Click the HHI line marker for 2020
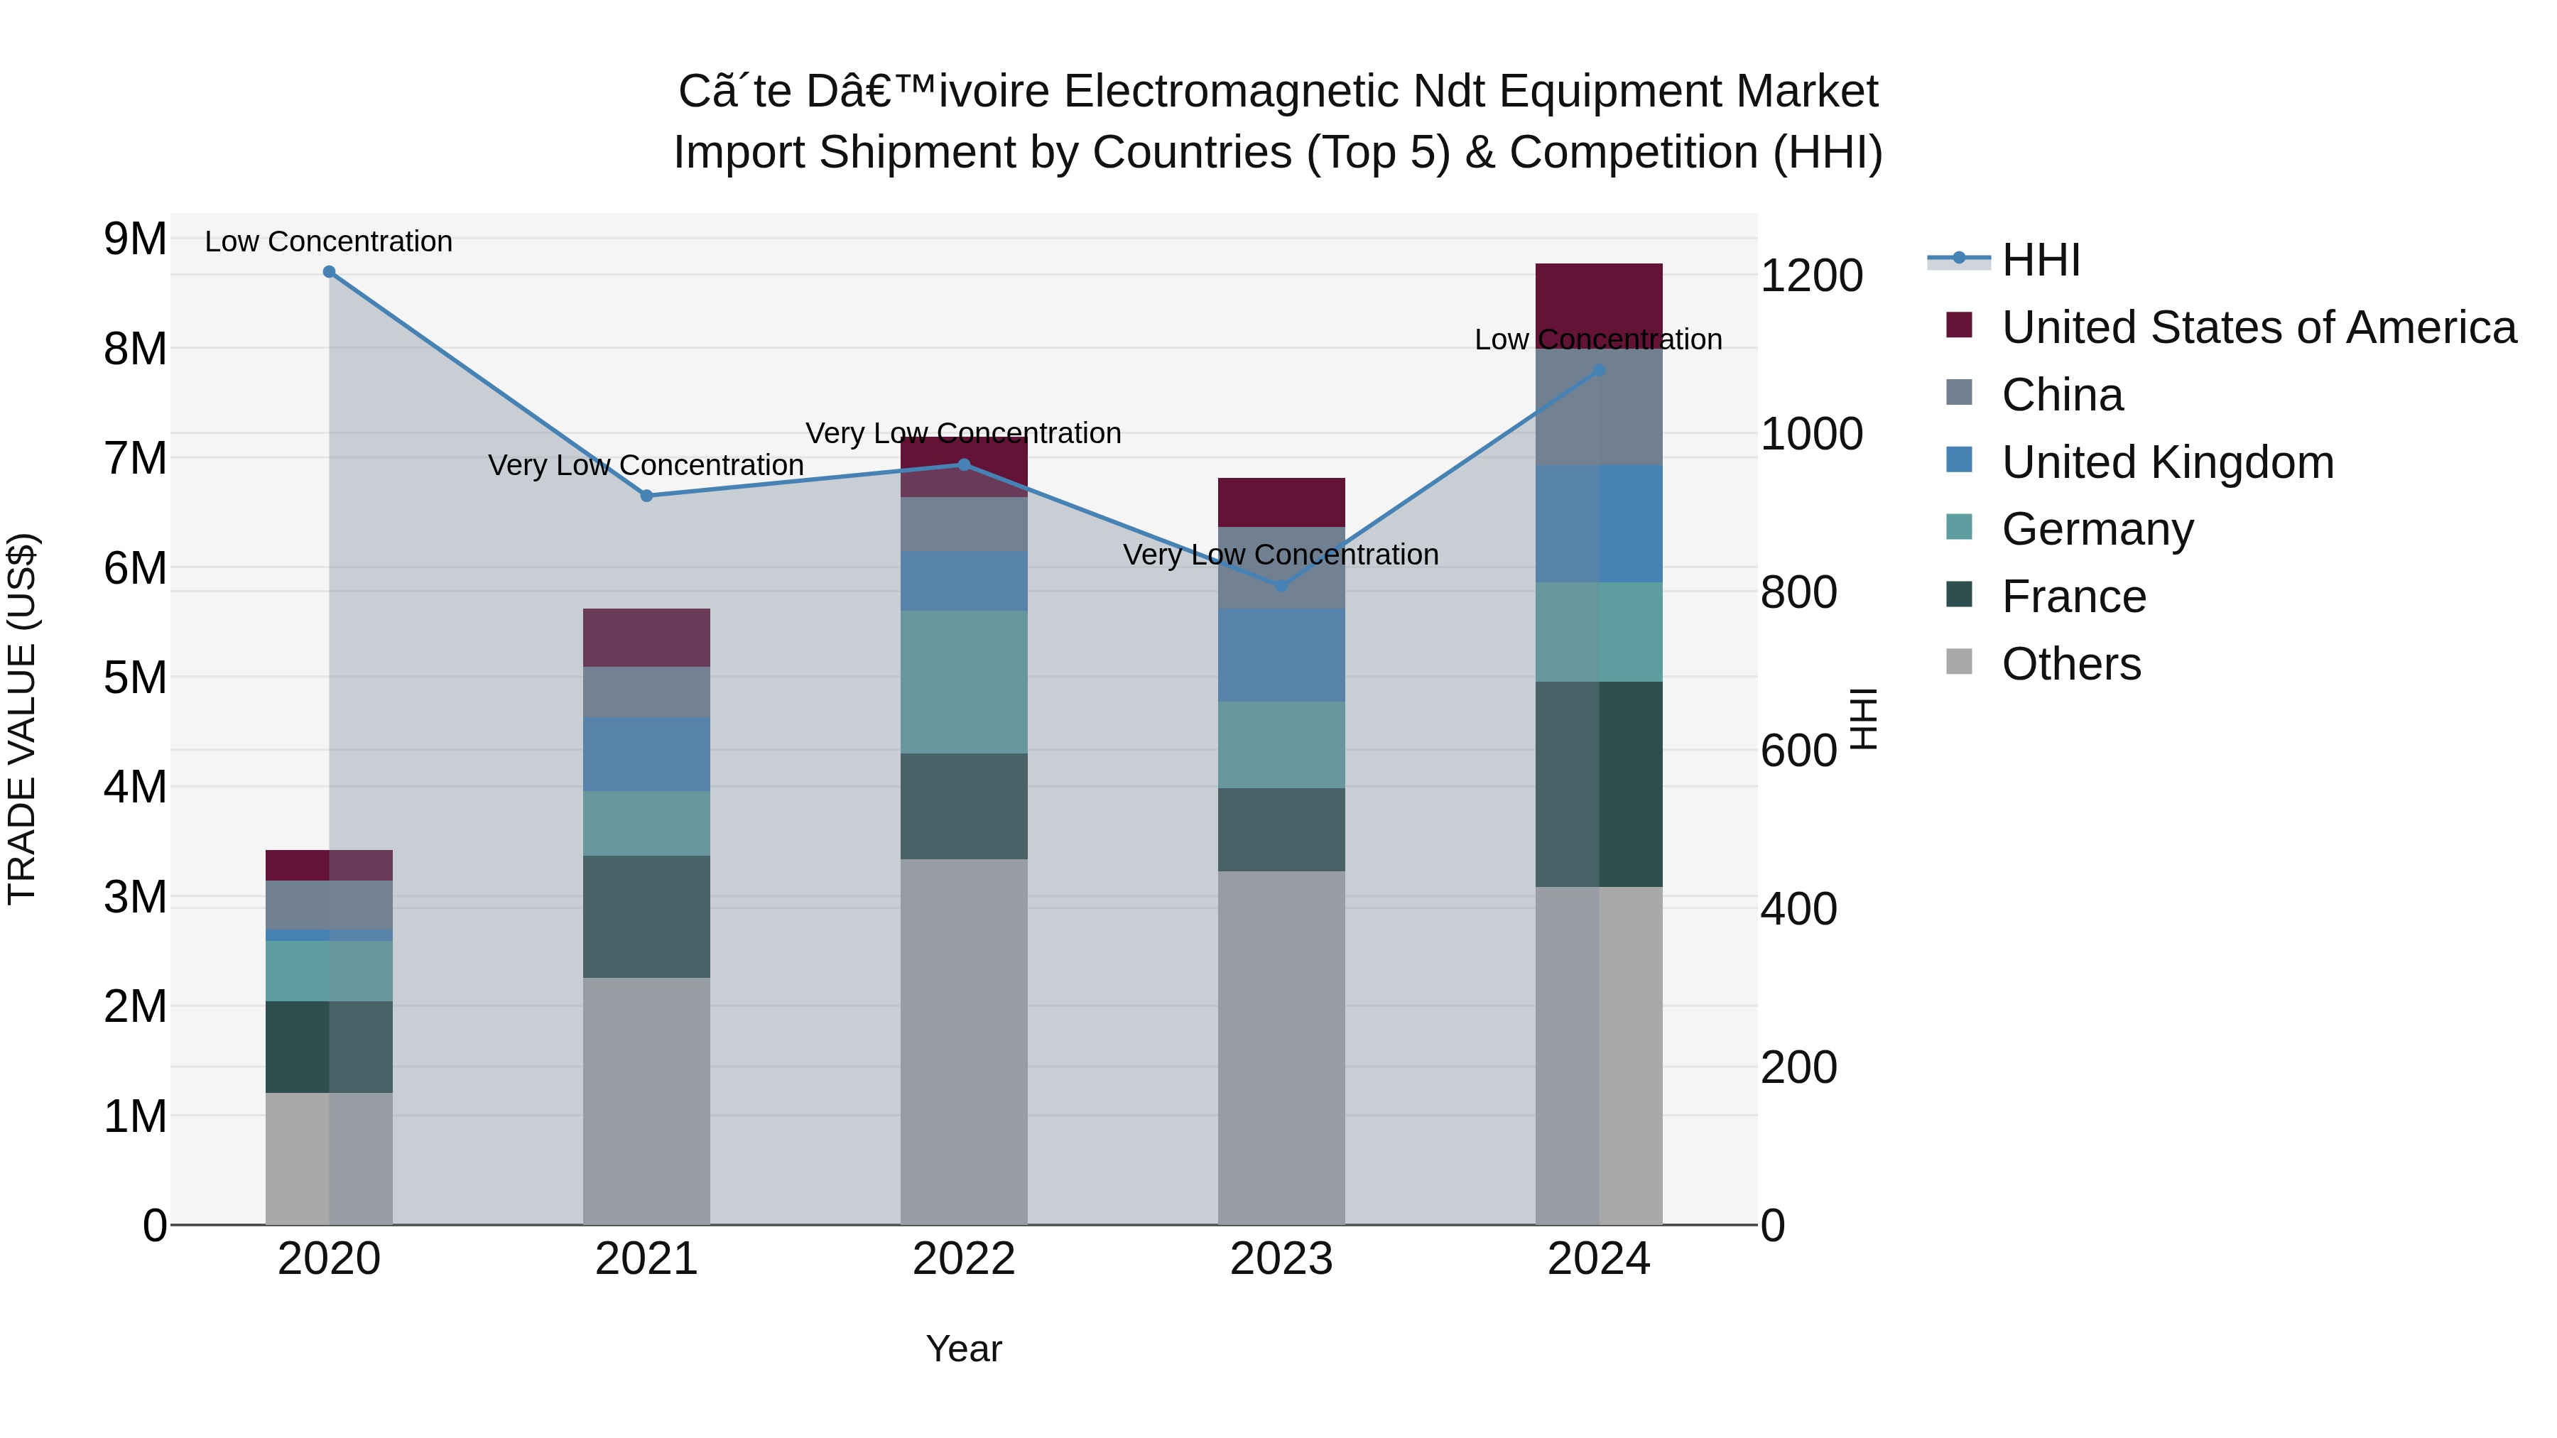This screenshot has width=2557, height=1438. pos(330,272)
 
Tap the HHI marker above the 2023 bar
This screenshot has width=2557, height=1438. pos(1281,587)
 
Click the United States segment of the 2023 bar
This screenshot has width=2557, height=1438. pos(1281,502)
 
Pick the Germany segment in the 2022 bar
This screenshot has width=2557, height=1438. pos(963,682)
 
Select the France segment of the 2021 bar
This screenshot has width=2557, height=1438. pos(646,916)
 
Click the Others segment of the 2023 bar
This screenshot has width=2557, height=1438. pos(1281,1047)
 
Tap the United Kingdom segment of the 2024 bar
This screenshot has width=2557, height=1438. pos(1598,524)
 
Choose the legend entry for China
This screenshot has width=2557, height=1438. pos(2062,395)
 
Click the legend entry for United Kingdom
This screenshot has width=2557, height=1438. pos(2167,462)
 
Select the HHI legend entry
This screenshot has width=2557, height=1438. pos(2040,260)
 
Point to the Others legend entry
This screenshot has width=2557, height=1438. pos(2070,664)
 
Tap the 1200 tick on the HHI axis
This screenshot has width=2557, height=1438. pos(1810,276)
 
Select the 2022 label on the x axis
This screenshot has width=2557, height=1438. pos(963,1259)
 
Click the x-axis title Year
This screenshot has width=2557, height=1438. pos(963,1349)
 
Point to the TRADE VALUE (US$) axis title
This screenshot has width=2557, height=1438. pos(22,719)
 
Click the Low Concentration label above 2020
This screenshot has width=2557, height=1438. pos(329,241)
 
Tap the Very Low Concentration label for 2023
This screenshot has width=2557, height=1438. pos(1281,555)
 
